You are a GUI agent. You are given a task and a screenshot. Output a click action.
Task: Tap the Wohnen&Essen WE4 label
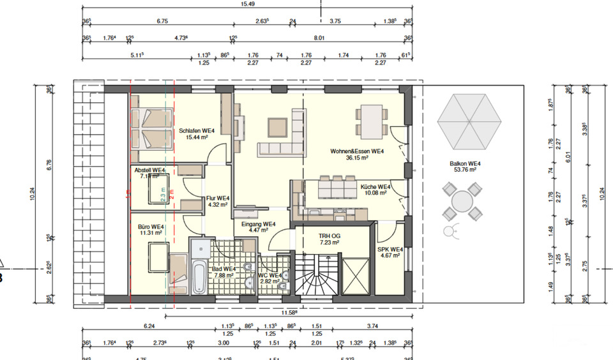pyautogui.click(x=356, y=151)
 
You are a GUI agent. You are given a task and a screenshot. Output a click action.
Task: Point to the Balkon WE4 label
pyautogui.click(x=465, y=163)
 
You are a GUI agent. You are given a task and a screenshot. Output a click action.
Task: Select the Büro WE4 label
pyautogui.click(x=151, y=227)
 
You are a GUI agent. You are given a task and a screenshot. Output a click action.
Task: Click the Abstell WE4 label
pyautogui.click(x=149, y=170)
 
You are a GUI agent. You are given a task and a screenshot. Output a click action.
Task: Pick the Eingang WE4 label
pyautogui.click(x=258, y=224)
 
